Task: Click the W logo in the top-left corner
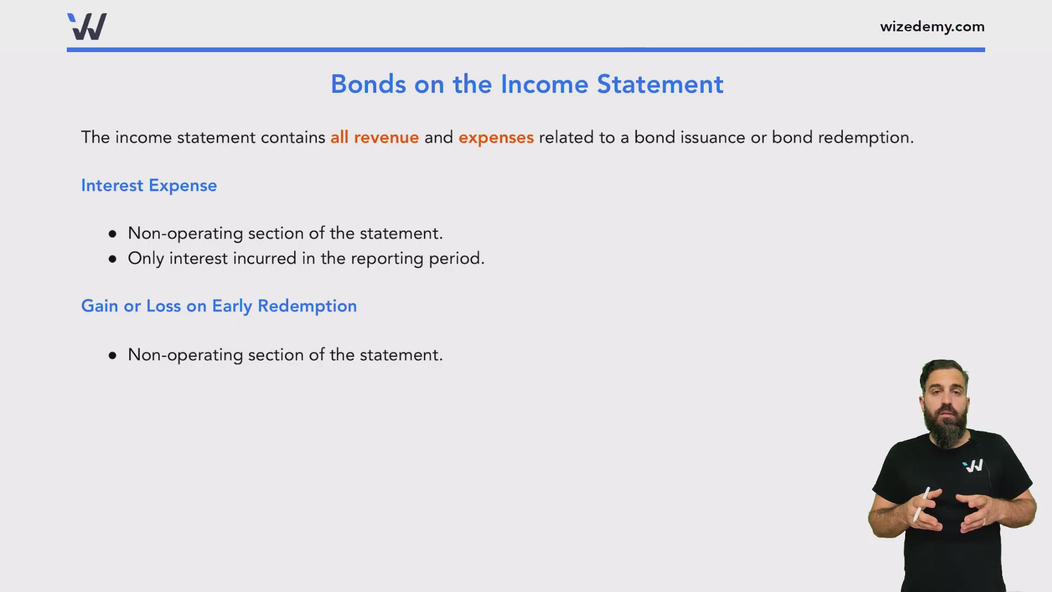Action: tap(87, 26)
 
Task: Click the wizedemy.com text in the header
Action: tap(932, 26)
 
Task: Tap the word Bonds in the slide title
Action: tap(368, 84)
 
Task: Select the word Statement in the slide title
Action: tap(660, 84)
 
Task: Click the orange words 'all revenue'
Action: tap(374, 137)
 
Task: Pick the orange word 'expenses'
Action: tap(496, 138)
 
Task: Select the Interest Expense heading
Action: tap(149, 186)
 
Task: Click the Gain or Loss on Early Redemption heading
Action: tap(219, 306)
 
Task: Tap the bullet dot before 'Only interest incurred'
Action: tap(113, 259)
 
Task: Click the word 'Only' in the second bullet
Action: tap(146, 259)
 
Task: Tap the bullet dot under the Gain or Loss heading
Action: tap(113, 356)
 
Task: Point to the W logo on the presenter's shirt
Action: tap(974, 466)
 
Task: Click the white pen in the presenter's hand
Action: tap(921, 504)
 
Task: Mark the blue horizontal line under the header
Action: tap(526, 50)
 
